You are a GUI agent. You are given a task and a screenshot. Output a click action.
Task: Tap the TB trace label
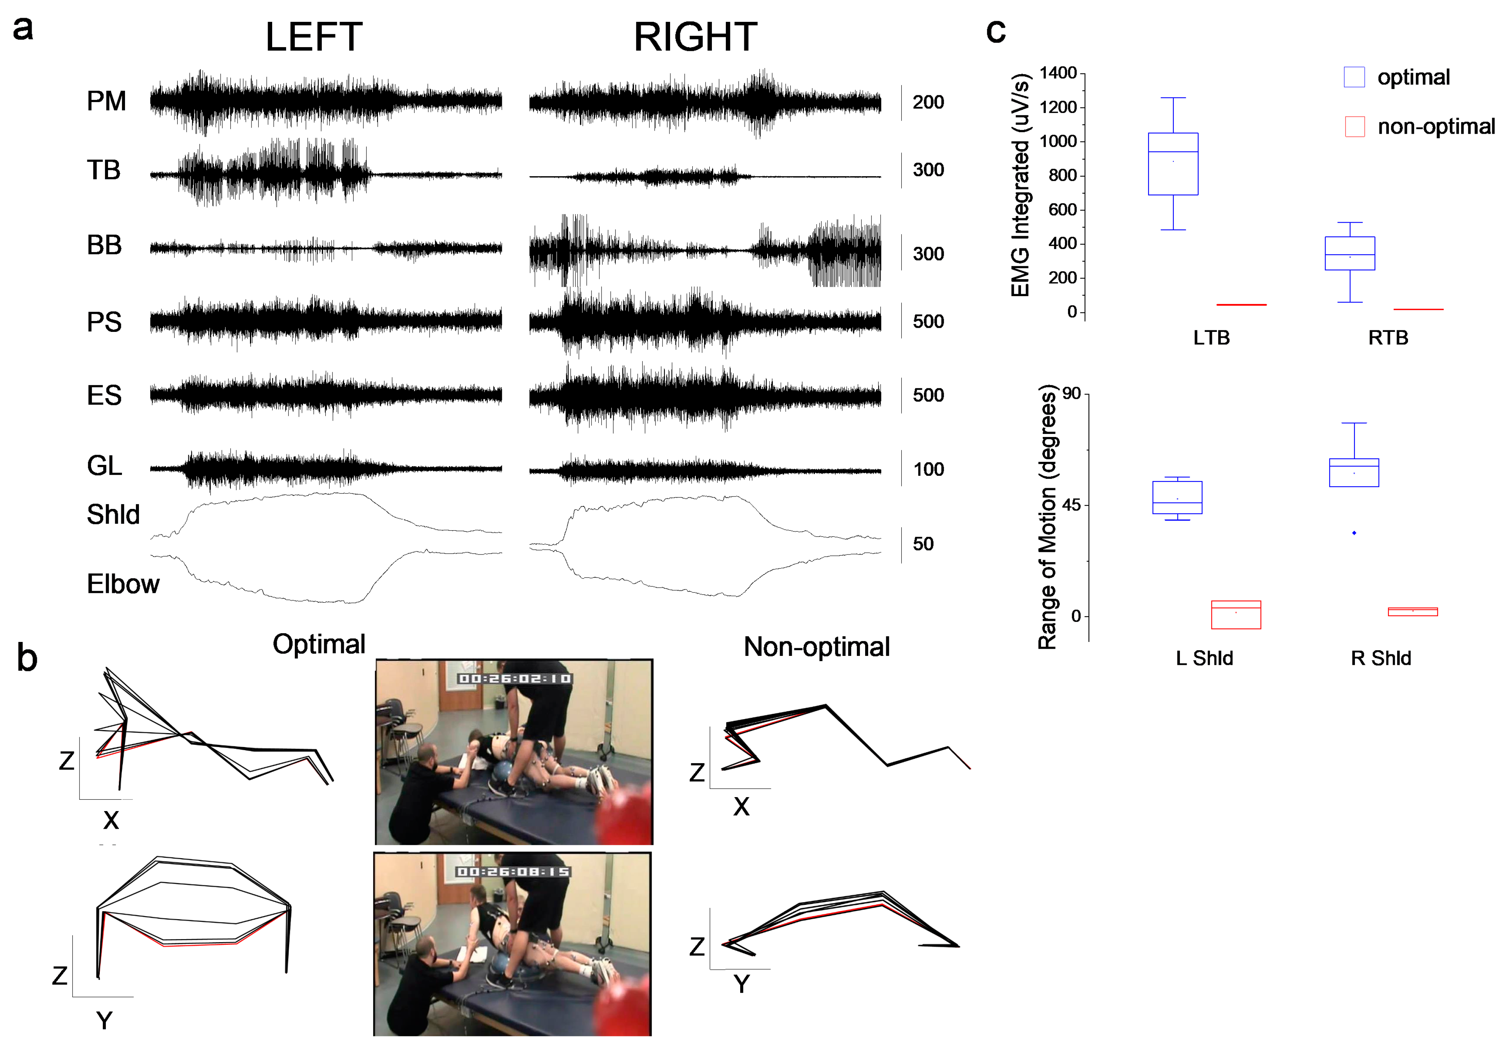click(104, 170)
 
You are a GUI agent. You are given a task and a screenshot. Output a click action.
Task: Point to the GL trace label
click(104, 466)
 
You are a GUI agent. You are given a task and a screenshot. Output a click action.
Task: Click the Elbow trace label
click(123, 584)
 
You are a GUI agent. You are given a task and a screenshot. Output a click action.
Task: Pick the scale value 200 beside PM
click(928, 102)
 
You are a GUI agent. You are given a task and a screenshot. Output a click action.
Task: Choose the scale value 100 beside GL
click(928, 469)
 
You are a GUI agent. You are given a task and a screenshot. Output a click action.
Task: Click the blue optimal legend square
click(1354, 77)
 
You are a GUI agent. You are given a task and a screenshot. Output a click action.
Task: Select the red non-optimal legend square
click(1354, 127)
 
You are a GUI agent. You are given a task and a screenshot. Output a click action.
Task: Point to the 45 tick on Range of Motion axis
click(1071, 505)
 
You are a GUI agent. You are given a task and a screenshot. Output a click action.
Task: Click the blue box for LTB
click(1173, 164)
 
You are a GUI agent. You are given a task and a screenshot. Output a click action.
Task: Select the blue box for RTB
click(1349, 254)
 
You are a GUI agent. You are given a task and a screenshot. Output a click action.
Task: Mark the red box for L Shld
click(1236, 615)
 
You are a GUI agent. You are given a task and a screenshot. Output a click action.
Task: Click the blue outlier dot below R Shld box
click(1354, 533)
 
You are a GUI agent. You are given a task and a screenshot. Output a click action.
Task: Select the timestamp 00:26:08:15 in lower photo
click(513, 872)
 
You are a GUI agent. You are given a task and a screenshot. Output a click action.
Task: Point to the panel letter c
click(996, 30)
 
